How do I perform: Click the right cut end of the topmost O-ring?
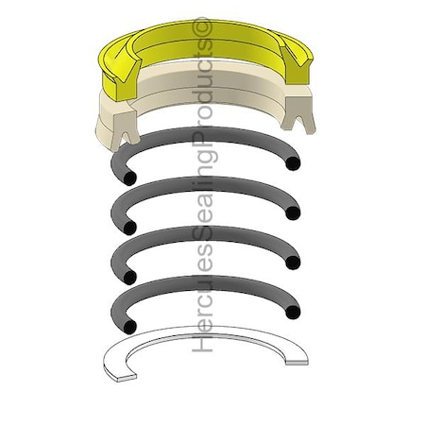click(294, 163)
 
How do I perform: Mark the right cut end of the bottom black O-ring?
click(295, 312)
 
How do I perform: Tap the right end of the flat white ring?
click(302, 355)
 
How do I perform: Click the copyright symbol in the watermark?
click(201, 29)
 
